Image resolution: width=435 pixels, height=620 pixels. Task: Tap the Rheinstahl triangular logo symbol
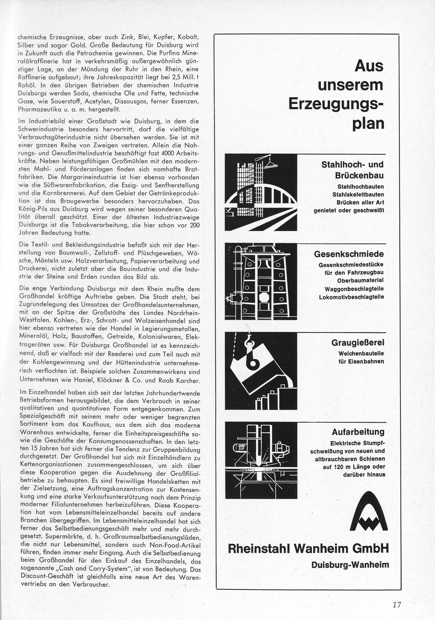click(x=369, y=514)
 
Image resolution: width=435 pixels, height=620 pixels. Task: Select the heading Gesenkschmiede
click(x=349, y=254)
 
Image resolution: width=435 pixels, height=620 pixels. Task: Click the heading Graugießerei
click(x=357, y=343)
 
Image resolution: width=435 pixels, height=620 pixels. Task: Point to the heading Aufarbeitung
click(x=358, y=432)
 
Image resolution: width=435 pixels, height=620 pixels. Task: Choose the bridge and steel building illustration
click(x=261, y=192)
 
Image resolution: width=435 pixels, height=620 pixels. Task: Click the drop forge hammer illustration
click(x=261, y=281)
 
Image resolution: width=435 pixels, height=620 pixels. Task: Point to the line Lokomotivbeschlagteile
click(x=351, y=297)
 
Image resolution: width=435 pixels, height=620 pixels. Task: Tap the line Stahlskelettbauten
click(x=358, y=194)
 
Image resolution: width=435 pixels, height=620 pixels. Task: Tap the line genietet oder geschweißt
click(x=349, y=210)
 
